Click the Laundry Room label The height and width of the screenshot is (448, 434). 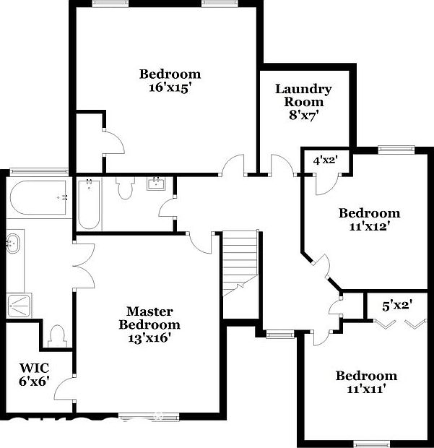[x=303, y=95]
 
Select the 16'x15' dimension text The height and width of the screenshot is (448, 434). [x=170, y=87]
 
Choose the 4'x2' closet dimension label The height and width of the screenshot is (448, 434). [x=325, y=160]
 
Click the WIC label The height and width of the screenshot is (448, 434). [x=33, y=366]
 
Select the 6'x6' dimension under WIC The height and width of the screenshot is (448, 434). [x=33, y=381]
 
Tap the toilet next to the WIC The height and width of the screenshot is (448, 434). [x=57, y=335]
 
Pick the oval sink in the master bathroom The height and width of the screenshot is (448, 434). [x=14, y=244]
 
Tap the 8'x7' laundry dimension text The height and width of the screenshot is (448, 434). [x=303, y=114]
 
